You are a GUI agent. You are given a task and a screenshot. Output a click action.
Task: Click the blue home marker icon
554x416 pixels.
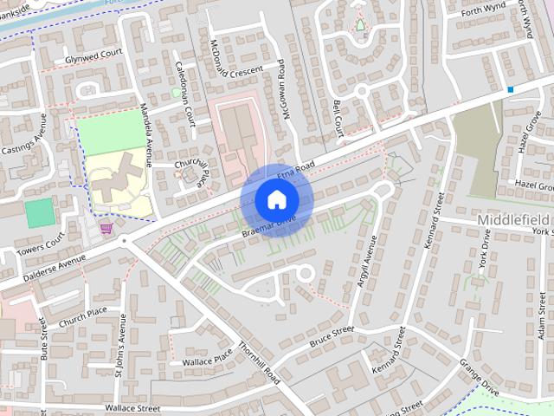(276, 199)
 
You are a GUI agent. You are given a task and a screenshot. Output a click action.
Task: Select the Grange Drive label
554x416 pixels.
(480, 375)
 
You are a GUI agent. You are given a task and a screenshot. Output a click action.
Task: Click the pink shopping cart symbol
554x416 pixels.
(106, 228)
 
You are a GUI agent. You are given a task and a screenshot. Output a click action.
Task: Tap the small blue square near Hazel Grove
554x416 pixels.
(511, 89)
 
